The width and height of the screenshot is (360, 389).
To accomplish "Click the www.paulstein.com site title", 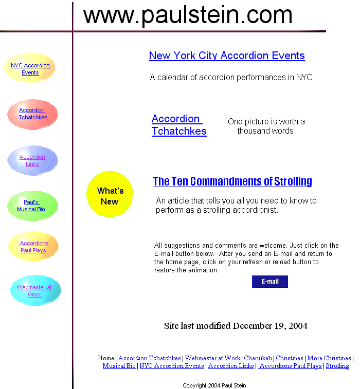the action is coord(188,15).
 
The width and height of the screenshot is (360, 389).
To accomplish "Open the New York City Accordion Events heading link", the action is coord(227,55).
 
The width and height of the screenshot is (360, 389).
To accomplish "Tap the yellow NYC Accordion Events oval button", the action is coord(30,68).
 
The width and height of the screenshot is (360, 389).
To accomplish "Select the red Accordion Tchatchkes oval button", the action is coord(32,115).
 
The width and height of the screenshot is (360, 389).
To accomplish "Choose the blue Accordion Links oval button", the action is coord(32,160).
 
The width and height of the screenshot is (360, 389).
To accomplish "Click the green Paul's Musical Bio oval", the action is coord(32,206).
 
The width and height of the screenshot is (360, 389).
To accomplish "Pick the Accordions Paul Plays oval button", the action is coord(33,246).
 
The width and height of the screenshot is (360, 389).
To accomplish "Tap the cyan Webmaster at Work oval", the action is coord(35,290).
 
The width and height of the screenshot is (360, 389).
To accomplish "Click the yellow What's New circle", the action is coord(110,194).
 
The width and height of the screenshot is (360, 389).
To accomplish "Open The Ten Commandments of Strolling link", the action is coord(232,181).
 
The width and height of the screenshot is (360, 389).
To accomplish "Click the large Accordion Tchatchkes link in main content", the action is coord(179,125).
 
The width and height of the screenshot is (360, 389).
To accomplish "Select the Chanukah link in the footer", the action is coord(258,358).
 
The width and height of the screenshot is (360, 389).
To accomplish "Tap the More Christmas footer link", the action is coord(329,358).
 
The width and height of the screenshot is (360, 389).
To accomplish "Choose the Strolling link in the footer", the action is coord(337,366).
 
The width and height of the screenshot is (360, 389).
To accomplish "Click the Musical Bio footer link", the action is coord(119,366).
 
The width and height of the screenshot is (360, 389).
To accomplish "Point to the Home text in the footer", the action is coord(106,358).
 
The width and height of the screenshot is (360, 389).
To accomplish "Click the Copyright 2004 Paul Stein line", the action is coord(214,385).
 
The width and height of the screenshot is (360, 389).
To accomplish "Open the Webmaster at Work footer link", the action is coord(212,358).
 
